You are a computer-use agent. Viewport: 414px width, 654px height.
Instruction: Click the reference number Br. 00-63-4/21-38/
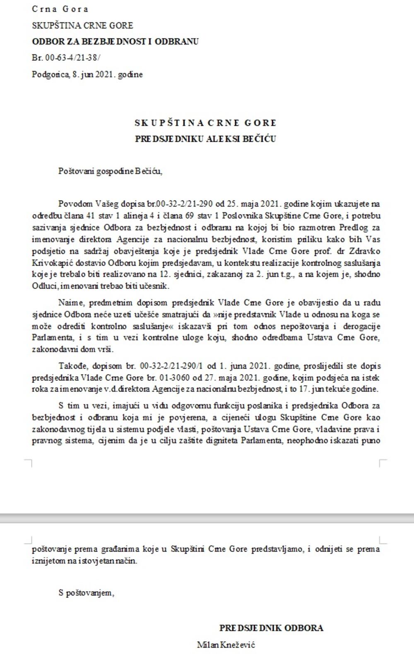click(x=66, y=58)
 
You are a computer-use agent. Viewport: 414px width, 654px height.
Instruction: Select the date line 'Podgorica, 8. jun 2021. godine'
click(x=87, y=74)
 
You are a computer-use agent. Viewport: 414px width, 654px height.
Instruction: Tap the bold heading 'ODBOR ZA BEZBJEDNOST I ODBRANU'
click(x=115, y=41)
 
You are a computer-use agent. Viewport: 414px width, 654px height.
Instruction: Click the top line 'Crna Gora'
click(x=60, y=9)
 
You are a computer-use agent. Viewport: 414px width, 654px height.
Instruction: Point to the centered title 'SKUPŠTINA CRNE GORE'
click(x=205, y=123)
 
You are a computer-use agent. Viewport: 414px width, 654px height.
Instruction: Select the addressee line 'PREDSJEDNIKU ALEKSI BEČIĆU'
click(x=205, y=138)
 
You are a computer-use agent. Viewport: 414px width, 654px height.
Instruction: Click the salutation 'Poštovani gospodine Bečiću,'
click(x=110, y=171)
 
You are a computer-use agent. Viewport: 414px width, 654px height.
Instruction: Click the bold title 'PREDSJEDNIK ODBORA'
click(x=271, y=628)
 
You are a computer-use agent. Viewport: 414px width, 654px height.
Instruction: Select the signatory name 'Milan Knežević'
click(x=226, y=644)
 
